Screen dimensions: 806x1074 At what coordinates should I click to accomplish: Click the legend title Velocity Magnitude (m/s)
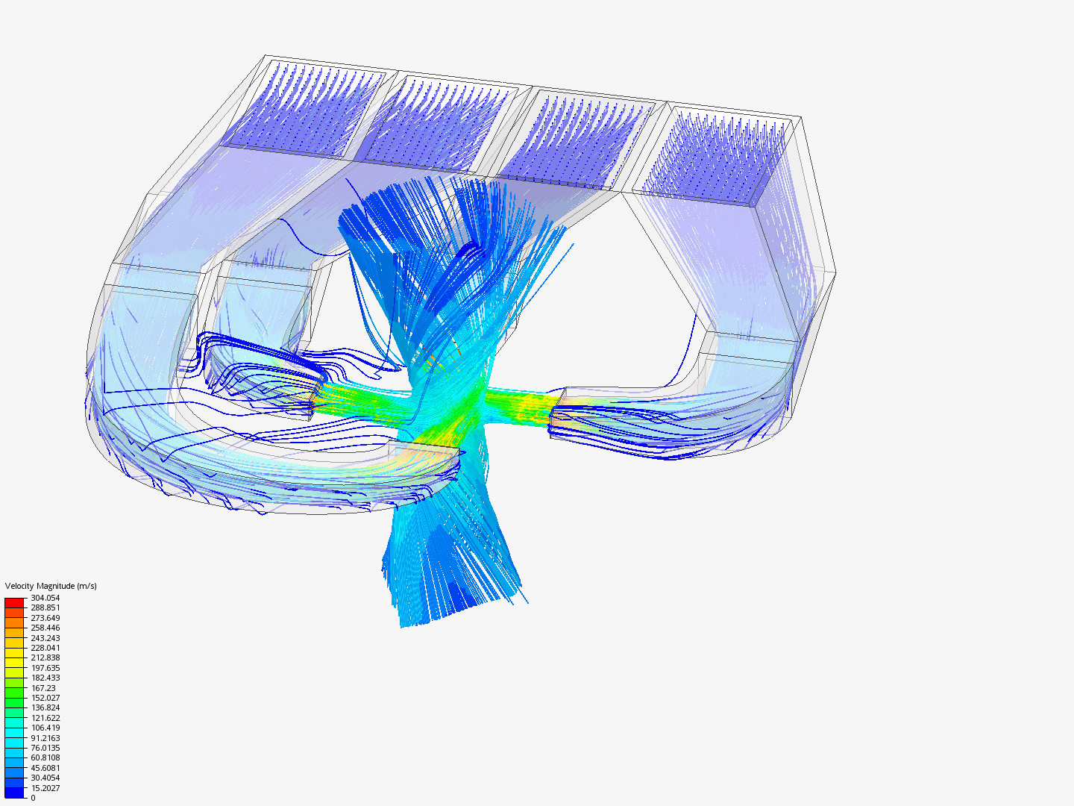click(51, 586)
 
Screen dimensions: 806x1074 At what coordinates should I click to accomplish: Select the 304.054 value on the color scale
click(45, 598)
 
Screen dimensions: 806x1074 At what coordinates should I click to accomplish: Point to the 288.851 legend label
click(45, 607)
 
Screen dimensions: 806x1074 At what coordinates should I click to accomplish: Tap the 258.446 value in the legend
click(45, 628)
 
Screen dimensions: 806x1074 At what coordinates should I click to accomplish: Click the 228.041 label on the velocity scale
click(45, 648)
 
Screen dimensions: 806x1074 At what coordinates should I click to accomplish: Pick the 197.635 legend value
click(45, 668)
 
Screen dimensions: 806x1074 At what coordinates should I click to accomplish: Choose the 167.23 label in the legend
click(43, 688)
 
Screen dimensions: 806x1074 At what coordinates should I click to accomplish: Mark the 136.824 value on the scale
click(45, 707)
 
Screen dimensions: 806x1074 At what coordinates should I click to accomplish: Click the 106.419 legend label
click(45, 728)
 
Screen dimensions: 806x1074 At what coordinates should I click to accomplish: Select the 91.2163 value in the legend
click(45, 738)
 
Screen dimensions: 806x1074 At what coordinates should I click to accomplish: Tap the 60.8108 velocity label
click(45, 757)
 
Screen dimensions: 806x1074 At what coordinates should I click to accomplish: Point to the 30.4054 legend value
click(45, 778)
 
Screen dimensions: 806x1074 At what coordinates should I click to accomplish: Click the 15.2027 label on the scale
click(45, 788)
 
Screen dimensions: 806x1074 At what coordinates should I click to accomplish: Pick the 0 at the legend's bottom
click(33, 798)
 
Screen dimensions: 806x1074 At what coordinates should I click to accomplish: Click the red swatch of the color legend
click(14, 602)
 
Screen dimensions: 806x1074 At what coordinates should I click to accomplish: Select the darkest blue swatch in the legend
click(14, 793)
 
